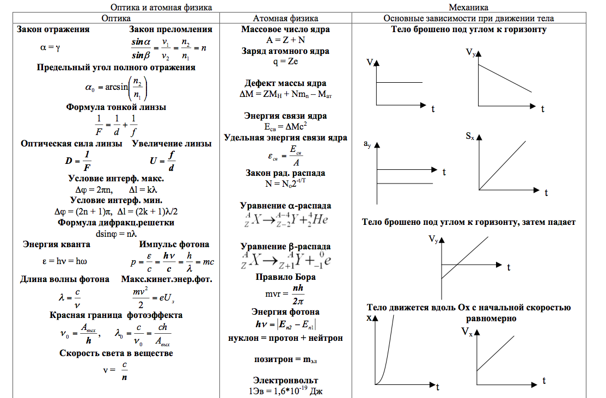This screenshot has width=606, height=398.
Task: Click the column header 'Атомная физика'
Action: tap(285, 18)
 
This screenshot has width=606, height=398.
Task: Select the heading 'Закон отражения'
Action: tap(53, 29)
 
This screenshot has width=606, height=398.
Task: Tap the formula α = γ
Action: tap(50, 47)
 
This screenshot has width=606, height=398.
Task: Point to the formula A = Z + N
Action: tap(285, 40)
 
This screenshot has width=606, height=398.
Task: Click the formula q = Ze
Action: tap(285, 62)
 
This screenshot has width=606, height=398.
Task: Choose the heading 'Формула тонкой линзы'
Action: tap(116, 107)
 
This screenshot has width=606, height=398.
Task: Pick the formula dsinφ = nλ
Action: tap(115, 234)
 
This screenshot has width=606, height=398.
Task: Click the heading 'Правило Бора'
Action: tap(285, 277)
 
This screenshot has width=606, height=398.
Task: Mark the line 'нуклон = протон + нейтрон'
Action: tap(285, 338)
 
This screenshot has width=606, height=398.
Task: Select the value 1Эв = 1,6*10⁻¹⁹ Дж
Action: tap(285, 390)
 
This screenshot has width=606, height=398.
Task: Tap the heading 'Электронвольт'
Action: tap(285, 380)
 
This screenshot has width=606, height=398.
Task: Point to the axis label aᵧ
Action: tap(368, 144)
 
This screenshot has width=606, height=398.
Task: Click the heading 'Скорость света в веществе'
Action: tap(116, 353)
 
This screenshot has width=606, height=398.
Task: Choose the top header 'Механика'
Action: tap(468, 7)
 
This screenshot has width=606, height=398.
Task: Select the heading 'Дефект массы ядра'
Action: tap(285, 83)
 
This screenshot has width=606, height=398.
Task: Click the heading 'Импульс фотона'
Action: tap(174, 244)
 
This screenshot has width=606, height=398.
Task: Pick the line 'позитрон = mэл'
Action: tap(285, 359)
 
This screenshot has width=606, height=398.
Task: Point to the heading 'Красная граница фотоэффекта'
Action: tap(116, 315)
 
